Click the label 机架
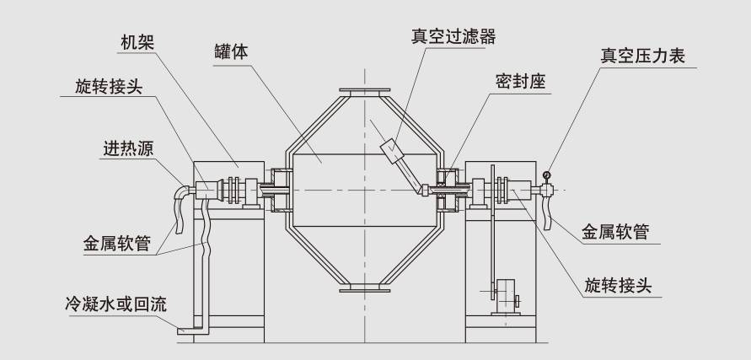136,41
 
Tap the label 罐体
231,52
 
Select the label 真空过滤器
453,36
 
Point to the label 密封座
522,83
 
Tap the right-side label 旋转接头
620,285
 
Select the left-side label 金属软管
116,244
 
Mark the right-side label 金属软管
615,231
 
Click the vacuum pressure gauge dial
547,175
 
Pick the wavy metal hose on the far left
179,211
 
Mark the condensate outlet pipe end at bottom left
183,331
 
